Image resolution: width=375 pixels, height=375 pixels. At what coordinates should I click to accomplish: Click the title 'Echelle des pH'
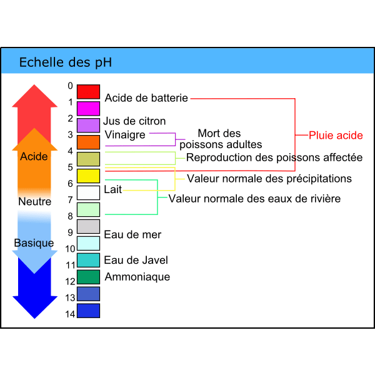pyautogui.click(x=66, y=62)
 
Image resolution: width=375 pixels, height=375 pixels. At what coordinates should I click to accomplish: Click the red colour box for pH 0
pyautogui.click(x=88, y=91)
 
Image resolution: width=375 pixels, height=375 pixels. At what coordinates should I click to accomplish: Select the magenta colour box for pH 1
pyautogui.click(x=88, y=108)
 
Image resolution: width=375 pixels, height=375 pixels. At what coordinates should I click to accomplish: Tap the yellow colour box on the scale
pyautogui.click(x=88, y=176)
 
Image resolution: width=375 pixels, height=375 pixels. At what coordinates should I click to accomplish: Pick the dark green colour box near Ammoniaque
pyautogui.click(x=88, y=277)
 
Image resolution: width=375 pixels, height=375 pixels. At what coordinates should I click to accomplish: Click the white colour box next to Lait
pyautogui.click(x=88, y=192)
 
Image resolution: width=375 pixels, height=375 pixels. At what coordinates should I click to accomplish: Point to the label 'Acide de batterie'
pyautogui.click(x=146, y=97)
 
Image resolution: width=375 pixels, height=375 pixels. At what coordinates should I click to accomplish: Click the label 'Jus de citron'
pyautogui.click(x=134, y=121)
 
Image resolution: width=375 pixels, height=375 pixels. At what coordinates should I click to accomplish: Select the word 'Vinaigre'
pyautogui.click(x=125, y=134)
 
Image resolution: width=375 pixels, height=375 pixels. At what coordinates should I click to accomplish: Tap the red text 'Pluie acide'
pyautogui.click(x=336, y=135)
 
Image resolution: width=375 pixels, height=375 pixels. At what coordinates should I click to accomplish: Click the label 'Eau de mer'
pyautogui.click(x=132, y=234)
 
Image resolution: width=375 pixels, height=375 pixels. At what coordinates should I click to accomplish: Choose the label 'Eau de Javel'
pyautogui.click(x=136, y=260)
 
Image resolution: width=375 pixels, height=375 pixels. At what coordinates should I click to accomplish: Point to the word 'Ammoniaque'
pyautogui.click(x=137, y=276)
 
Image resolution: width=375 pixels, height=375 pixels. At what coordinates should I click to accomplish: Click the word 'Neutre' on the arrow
pyautogui.click(x=34, y=201)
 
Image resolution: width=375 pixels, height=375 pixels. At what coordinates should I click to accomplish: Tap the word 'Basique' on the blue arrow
pyautogui.click(x=34, y=242)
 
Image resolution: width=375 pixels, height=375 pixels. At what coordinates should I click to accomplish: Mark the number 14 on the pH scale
pyautogui.click(x=70, y=314)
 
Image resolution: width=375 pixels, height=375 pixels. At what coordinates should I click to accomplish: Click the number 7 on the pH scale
pyautogui.click(x=71, y=200)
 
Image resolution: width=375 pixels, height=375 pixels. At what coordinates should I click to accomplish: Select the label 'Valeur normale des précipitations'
pyautogui.click(x=269, y=179)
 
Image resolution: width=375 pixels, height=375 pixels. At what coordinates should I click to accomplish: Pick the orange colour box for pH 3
pyautogui.click(x=88, y=142)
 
